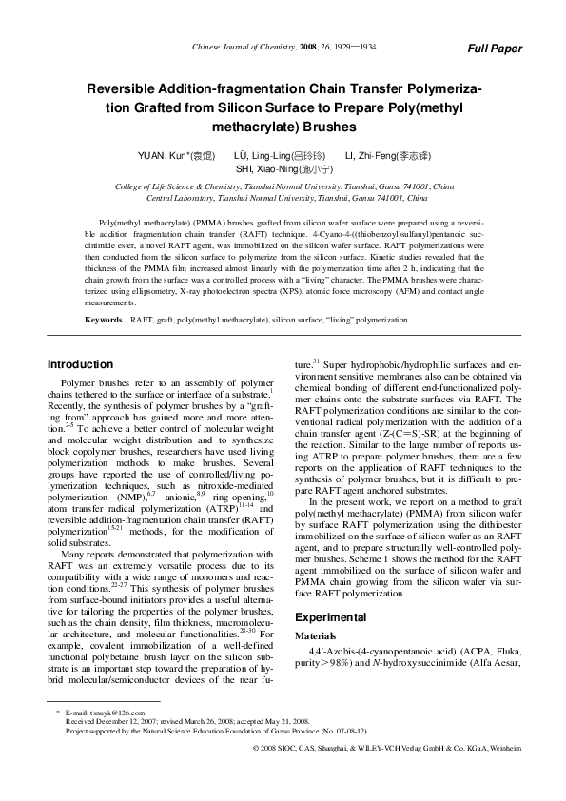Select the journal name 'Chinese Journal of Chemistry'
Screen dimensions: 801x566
(x=240, y=46)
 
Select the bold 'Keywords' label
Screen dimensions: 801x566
(x=103, y=321)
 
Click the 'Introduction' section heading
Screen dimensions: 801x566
(x=80, y=364)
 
